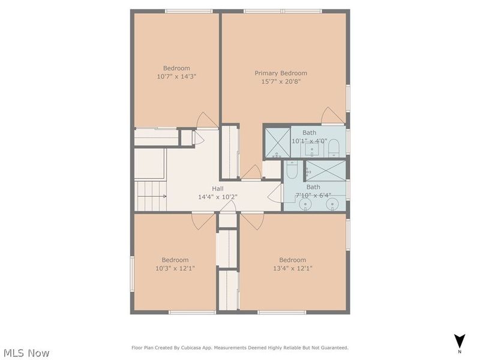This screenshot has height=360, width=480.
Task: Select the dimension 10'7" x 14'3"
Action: coord(176,77)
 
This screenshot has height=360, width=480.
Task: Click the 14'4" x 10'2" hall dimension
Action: coord(217,196)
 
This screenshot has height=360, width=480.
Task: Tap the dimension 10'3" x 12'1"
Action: coord(175,268)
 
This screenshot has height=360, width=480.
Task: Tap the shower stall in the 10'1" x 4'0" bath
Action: coord(277,142)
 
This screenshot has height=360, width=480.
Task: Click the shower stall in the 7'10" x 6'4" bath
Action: coord(327,170)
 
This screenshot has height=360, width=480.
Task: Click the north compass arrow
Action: coord(460,340)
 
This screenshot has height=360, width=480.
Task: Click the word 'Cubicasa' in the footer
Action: coord(197,347)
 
